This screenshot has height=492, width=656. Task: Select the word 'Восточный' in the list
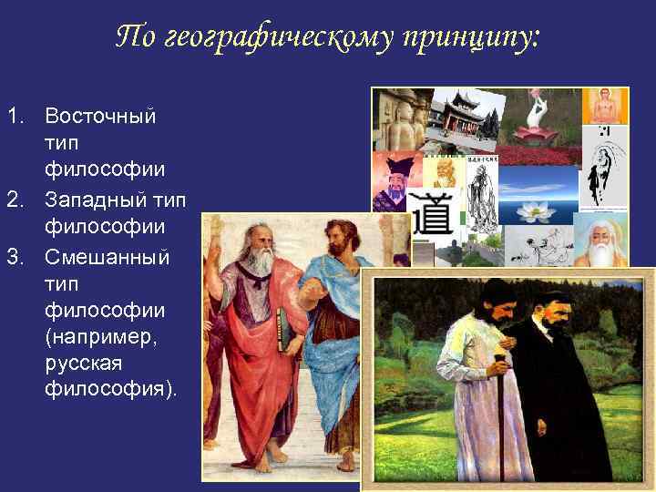tap(100, 118)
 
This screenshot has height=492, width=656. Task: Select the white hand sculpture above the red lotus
tap(537, 113)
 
